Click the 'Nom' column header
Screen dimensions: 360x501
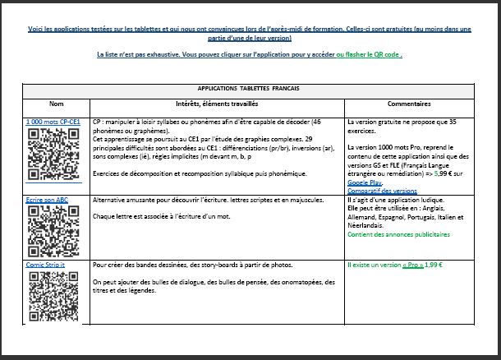tap(56, 104)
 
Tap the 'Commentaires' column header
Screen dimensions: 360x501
tap(409, 104)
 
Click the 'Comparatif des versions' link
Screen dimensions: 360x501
tap(383, 190)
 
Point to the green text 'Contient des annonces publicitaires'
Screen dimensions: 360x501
tap(399, 233)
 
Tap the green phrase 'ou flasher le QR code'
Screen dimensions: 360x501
tap(366, 54)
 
